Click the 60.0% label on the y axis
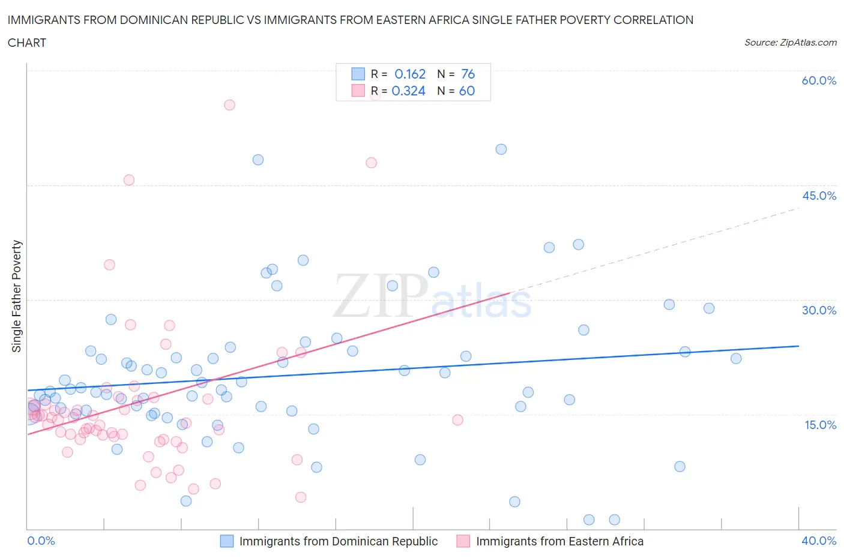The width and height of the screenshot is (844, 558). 819,80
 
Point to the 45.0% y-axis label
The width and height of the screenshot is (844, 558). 819,196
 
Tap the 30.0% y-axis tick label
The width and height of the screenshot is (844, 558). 819,310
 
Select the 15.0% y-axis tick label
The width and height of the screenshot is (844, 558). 819,425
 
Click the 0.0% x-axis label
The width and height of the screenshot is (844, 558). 41,541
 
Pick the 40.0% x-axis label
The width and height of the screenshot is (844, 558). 819,541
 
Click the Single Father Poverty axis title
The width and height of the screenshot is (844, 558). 17,296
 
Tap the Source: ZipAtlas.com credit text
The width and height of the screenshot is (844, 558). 790,43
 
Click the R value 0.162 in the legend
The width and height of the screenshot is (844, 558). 410,74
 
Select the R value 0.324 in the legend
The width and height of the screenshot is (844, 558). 408,91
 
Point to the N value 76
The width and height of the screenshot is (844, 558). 468,74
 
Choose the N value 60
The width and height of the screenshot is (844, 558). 466,91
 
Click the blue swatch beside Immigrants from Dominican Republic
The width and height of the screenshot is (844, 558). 226,541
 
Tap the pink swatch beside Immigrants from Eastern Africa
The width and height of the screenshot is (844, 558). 463,541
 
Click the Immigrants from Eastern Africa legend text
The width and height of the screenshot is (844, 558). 559,541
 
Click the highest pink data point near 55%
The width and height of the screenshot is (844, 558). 229,105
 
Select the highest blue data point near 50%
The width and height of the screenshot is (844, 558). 501,149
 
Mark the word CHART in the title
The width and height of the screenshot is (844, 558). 27,43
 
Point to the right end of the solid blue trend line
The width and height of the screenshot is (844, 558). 798,346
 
